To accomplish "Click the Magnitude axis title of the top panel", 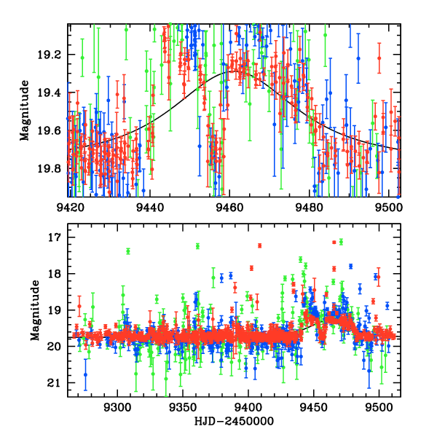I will pyautogui.click(x=25, y=110).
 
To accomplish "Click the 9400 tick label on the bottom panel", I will pyautogui.click(x=248, y=407).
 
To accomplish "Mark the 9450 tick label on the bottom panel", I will pyautogui.click(x=314, y=407).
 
